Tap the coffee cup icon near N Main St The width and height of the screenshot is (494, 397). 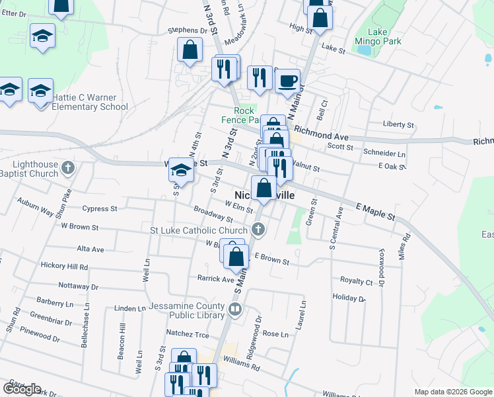click(287, 81)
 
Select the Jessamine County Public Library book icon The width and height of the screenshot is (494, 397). click(234, 309)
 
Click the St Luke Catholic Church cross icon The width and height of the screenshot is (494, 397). click(258, 230)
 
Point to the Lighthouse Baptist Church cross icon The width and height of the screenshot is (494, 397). click(67, 169)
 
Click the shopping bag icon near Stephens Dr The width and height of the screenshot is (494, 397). click(190, 50)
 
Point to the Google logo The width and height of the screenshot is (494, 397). click(22, 388)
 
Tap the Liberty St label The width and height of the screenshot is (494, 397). click(398, 124)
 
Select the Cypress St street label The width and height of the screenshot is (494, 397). click(100, 208)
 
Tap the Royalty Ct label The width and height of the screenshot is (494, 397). click(356, 281)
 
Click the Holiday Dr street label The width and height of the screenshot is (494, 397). click(349, 298)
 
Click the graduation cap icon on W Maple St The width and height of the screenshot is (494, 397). click(180, 171)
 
